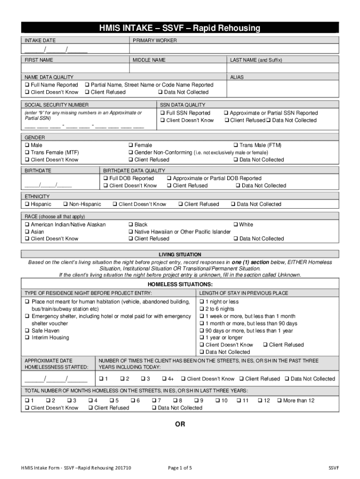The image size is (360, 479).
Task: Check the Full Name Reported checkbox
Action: click(27, 85)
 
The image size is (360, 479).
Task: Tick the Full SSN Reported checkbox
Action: click(163, 113)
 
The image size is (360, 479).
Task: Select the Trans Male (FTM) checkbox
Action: click(236, 145)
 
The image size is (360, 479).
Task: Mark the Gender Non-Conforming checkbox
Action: click(131, 152)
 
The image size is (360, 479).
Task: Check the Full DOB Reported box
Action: click(106, 179)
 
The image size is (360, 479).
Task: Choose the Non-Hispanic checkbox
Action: click(65, 204)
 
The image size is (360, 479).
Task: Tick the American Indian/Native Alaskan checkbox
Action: click(27, 225)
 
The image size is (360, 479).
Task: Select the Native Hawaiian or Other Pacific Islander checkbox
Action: click(131, 232)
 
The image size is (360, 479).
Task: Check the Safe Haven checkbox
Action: click(27, 331)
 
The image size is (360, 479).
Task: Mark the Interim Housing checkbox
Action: click(27, 338)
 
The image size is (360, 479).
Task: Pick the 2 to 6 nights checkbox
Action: click(202, 309)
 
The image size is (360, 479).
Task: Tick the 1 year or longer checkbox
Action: click(202, 338)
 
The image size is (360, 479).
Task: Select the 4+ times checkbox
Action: click(165, 379)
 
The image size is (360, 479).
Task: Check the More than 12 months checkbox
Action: click(280, 401)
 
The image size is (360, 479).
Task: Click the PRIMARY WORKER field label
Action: click(155, 41)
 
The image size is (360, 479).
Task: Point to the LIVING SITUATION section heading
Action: click(180, 255)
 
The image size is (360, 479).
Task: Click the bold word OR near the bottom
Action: click(180, 425)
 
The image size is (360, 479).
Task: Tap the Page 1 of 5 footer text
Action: click(180, 468)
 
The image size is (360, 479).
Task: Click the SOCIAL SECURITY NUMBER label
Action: click(57, 105)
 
